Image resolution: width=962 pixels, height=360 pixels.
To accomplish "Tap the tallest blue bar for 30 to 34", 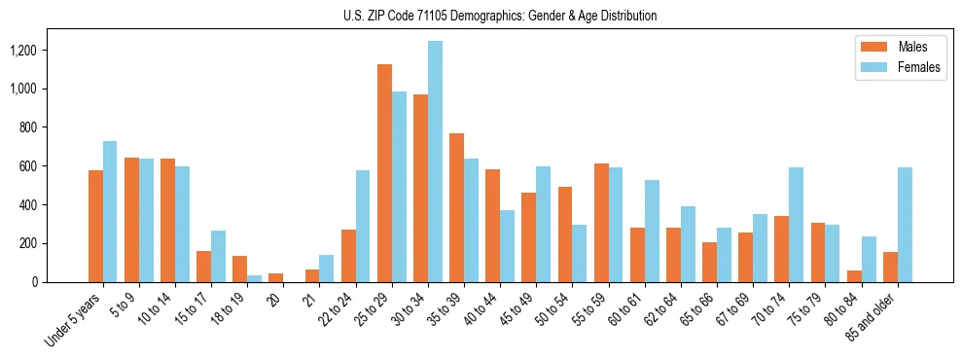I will coord(435,162).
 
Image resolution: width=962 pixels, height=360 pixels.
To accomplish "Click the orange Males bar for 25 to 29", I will coord(384,173).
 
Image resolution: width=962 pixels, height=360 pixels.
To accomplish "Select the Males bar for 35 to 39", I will coord(456,208).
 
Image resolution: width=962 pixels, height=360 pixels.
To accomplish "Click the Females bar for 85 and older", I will coord(905,225).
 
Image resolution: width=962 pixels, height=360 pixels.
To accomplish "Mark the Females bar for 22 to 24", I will coord(363,227).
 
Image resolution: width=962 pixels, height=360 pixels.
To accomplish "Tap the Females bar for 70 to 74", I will coord(797,225).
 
